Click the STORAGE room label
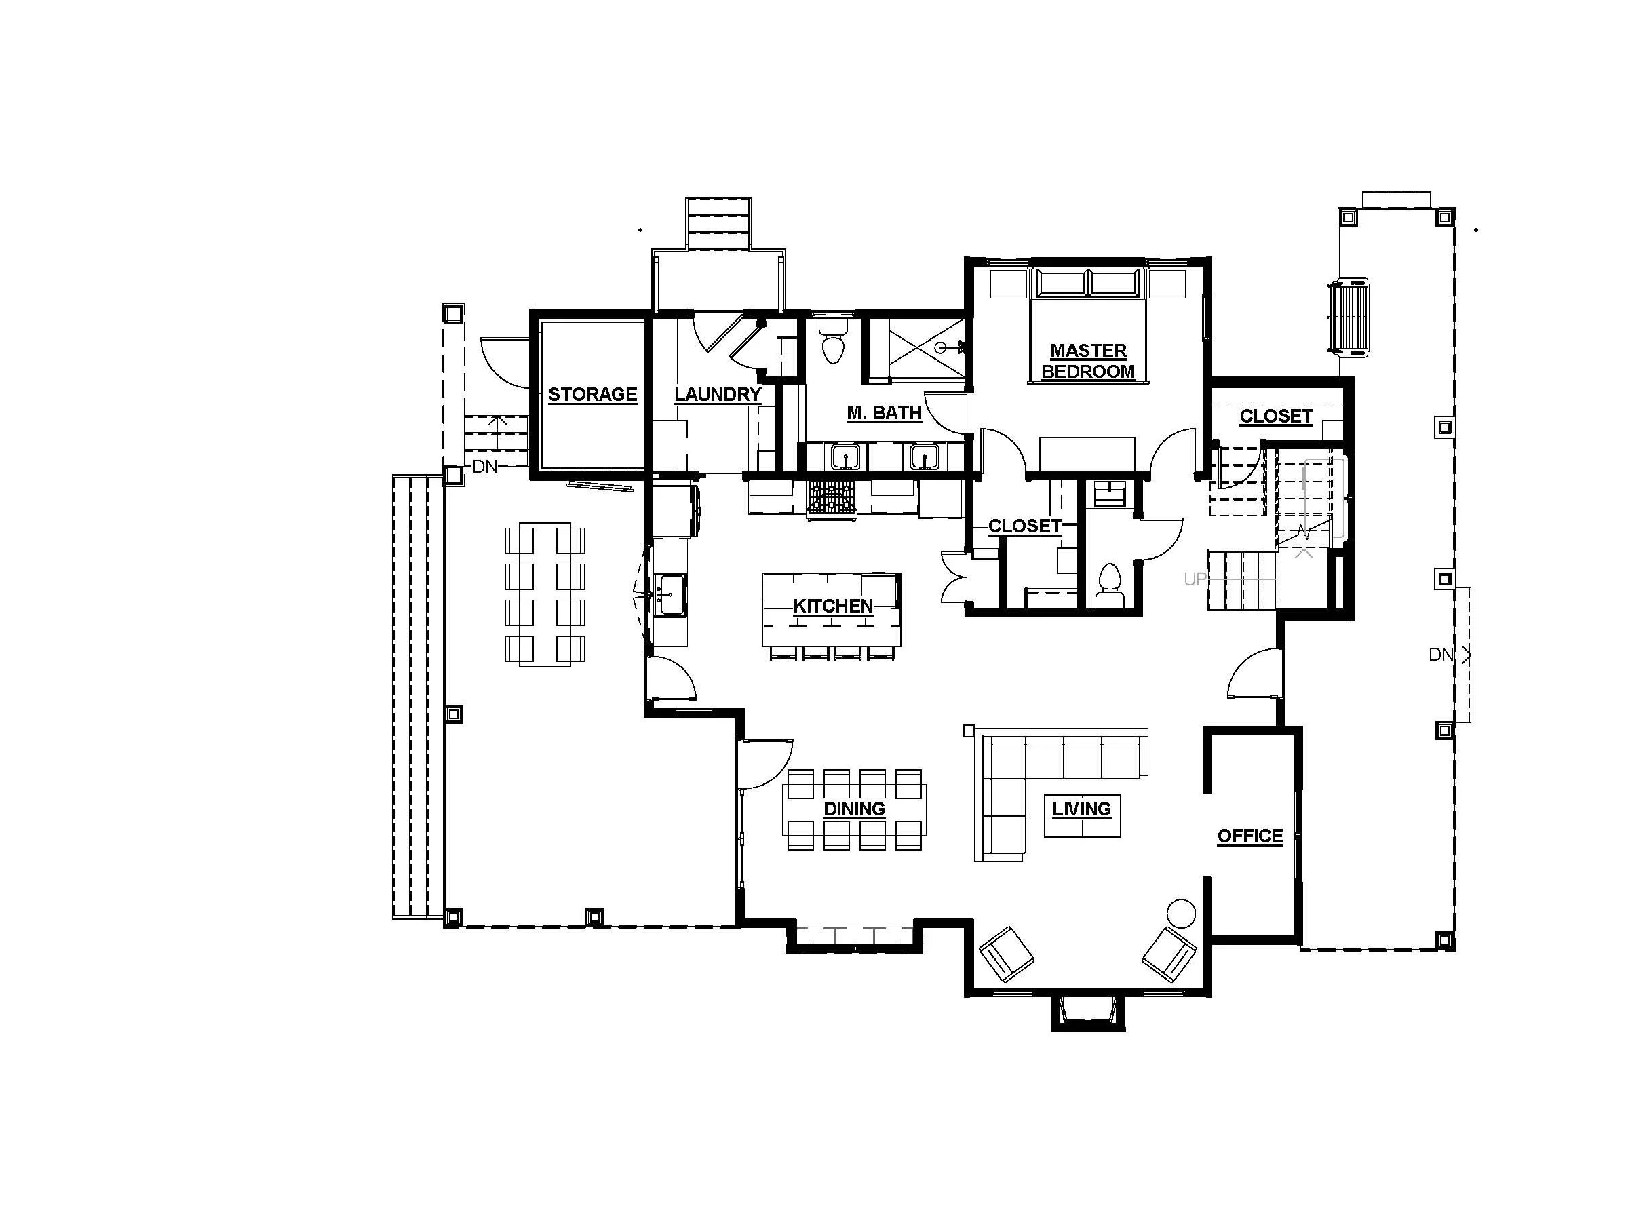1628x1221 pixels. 592,395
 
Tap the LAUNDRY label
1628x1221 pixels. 718,395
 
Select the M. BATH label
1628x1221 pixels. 884,413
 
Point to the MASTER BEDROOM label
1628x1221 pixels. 1088,361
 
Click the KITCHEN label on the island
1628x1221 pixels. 833,606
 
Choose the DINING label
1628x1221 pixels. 854,809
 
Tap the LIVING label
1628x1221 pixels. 1081,809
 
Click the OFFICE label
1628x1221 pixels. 1249,836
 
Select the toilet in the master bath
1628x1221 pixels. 833,345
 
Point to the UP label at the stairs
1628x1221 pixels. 1195,579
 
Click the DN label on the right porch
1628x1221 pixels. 1441,655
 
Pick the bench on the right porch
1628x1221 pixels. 1349,317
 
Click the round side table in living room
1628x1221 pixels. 1181,913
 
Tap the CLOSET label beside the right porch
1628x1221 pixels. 1275,416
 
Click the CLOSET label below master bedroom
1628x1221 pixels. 1024,526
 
